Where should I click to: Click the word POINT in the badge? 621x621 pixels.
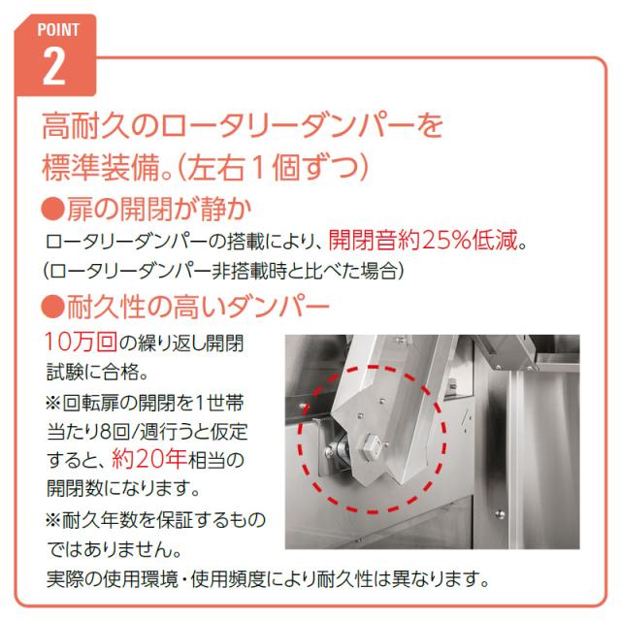click(58, 30)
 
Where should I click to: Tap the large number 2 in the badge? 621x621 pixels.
click(54, 67)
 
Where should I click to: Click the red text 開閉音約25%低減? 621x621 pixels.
click(423, 241)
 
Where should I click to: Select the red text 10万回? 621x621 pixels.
click(81, 342)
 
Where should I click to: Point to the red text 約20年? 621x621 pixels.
click(149, 459)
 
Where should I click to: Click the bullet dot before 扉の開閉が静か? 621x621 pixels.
click(52, 209)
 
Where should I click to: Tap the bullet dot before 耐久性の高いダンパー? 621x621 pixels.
click(52, 307)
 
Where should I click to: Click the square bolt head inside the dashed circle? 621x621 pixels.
click(371, 447)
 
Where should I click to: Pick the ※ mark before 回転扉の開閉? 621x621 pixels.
click(52, 404)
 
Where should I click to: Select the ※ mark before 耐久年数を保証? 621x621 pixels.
click(52, 520)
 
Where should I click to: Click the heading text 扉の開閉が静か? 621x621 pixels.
click(159, 209)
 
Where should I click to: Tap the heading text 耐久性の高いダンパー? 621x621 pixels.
click(198, 307)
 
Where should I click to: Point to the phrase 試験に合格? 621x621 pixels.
click(93, 371)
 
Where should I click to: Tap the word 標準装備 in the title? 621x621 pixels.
click(101, 168)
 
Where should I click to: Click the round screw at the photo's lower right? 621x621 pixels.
click(500, 514)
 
